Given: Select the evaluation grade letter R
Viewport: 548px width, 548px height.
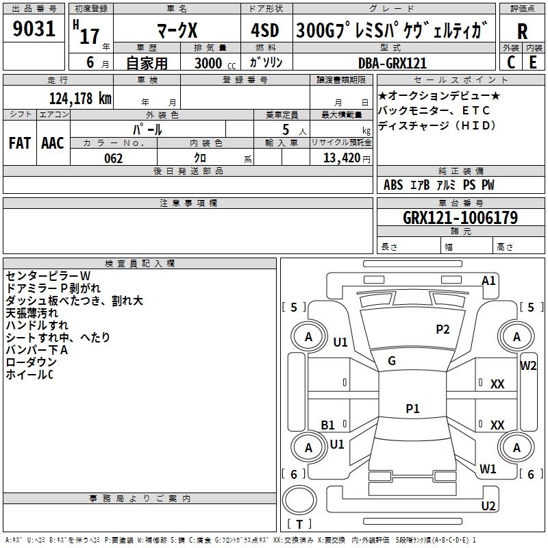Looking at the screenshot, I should coord(522,31).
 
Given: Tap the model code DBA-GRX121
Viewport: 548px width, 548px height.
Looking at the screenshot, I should coord(393,63).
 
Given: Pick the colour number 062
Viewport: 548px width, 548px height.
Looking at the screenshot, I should coord(114,158).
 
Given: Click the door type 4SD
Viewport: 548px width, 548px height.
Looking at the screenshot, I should coord(265,31).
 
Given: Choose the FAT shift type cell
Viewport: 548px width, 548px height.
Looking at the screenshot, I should coord(19,143).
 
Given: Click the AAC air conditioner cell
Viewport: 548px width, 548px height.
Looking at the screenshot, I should coord(53,143).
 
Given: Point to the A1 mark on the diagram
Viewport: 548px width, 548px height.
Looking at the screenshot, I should coord(488,281).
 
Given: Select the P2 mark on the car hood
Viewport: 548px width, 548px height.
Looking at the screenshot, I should coord(443,329).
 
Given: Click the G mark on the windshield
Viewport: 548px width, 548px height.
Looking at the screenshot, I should coord(392,361).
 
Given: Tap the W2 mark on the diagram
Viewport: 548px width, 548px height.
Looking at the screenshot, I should coord(528,365).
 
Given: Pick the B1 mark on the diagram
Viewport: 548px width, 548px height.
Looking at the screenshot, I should coord(328,425).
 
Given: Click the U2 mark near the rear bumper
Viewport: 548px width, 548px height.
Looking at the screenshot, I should coord(488,506).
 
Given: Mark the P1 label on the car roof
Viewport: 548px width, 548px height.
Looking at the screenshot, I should coord(412,409).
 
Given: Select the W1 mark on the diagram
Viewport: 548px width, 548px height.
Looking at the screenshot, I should coord(488,469).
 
